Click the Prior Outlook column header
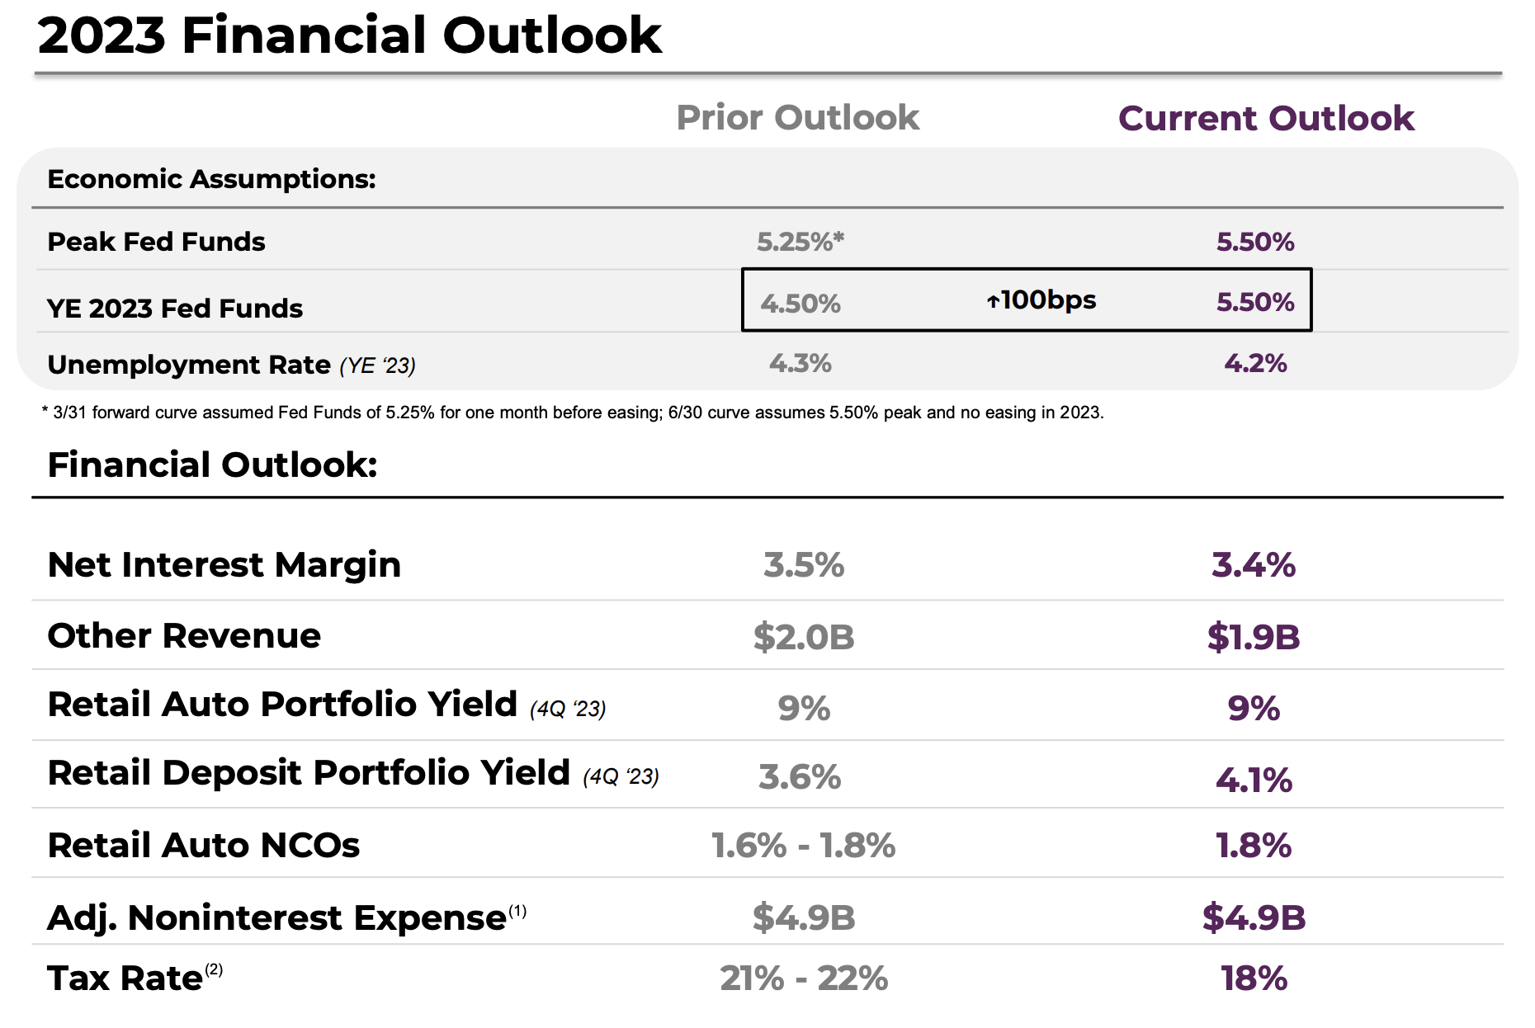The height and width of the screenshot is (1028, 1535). point(797,118)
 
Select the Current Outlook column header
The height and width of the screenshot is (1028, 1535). point(1266,119)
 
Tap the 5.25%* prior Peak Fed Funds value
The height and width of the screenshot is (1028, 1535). point(800,242)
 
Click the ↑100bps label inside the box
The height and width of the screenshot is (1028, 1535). point(1041,299)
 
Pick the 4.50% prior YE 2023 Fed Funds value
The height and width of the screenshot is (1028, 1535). point(800,304)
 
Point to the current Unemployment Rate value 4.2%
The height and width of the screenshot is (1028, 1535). point(1254,363)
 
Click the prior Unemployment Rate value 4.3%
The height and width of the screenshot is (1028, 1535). point(800,363)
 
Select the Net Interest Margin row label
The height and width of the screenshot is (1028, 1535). point(224,565)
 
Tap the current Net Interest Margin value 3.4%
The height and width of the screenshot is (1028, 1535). point(1253,565)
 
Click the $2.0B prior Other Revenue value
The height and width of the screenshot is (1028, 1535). point(803,637)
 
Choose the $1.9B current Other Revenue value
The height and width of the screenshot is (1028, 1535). point(1253,637)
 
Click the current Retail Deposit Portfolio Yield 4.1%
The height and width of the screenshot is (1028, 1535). point(1253,780)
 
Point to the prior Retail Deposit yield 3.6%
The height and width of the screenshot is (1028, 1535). point(799,777)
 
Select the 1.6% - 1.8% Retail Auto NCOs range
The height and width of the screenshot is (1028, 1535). point(802,846)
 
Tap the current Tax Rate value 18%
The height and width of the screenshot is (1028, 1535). point(1253,978)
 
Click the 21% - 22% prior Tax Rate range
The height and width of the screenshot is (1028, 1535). point(803,978)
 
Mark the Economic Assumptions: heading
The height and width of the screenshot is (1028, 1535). point(211,179)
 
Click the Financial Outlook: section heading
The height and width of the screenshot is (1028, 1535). point(212,465)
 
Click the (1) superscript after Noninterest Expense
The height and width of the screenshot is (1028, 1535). point(517,911)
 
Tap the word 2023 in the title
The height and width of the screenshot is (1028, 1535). point(102,35)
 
